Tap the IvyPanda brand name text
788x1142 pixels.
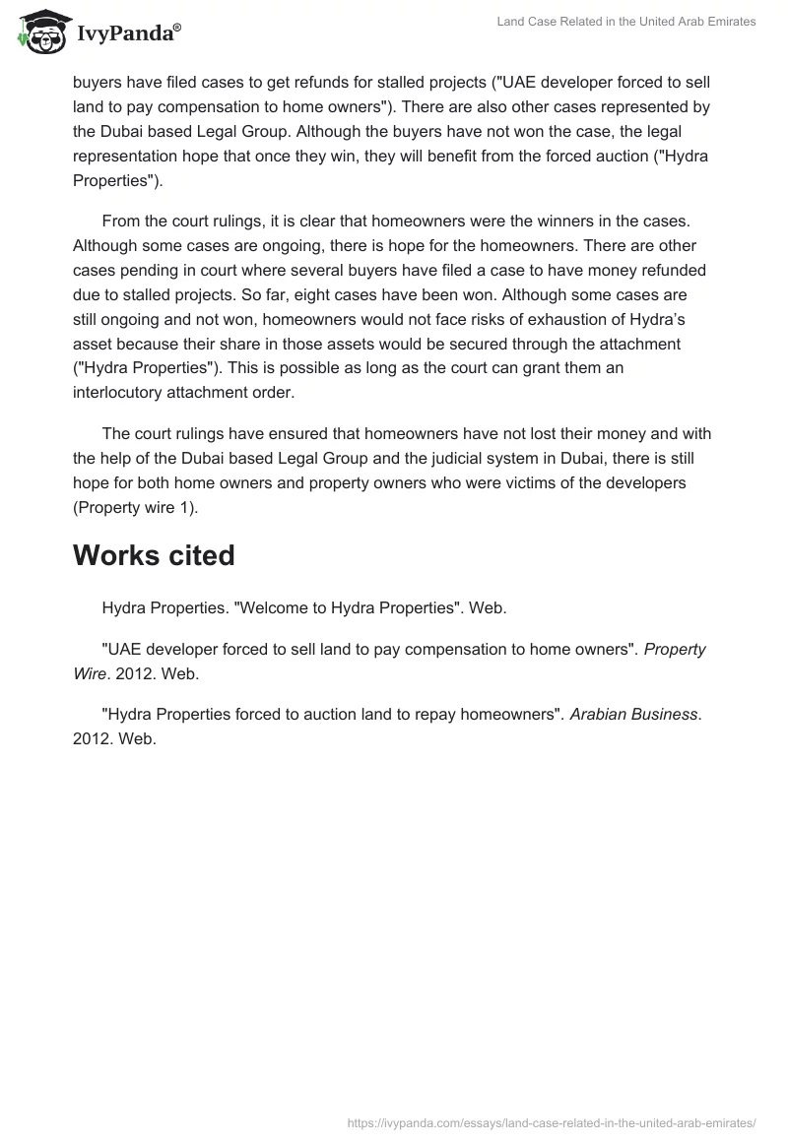[x=128, y=34]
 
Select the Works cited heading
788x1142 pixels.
[x=154, y=555]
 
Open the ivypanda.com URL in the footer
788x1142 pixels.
[x=552, y=1122]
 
